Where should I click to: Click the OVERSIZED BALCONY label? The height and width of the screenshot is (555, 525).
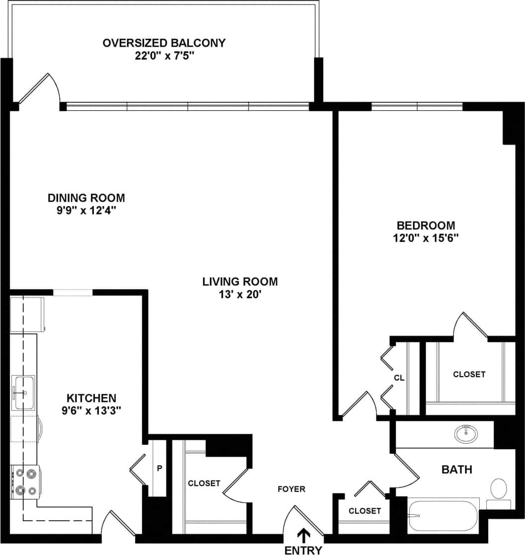[x=163, y=43]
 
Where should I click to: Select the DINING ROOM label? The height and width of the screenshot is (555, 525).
[x=86, y=198]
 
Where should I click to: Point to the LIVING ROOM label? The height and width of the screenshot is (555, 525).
[x=240, y=282]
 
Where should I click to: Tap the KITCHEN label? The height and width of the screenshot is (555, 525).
[x=91, y=398]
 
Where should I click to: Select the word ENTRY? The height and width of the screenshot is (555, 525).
[x=303, y=550]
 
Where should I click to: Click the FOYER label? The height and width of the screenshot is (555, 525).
[x=291, y=489]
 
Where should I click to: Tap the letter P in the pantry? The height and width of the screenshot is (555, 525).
[x=159, y=468]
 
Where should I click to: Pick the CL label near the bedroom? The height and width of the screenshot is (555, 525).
[x=399, y=378]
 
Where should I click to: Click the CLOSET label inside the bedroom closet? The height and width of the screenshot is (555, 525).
[x=469, y=374]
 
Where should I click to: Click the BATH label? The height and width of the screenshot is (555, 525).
[x=457, y=469]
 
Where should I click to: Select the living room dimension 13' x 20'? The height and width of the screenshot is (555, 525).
[x=240, y=295]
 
